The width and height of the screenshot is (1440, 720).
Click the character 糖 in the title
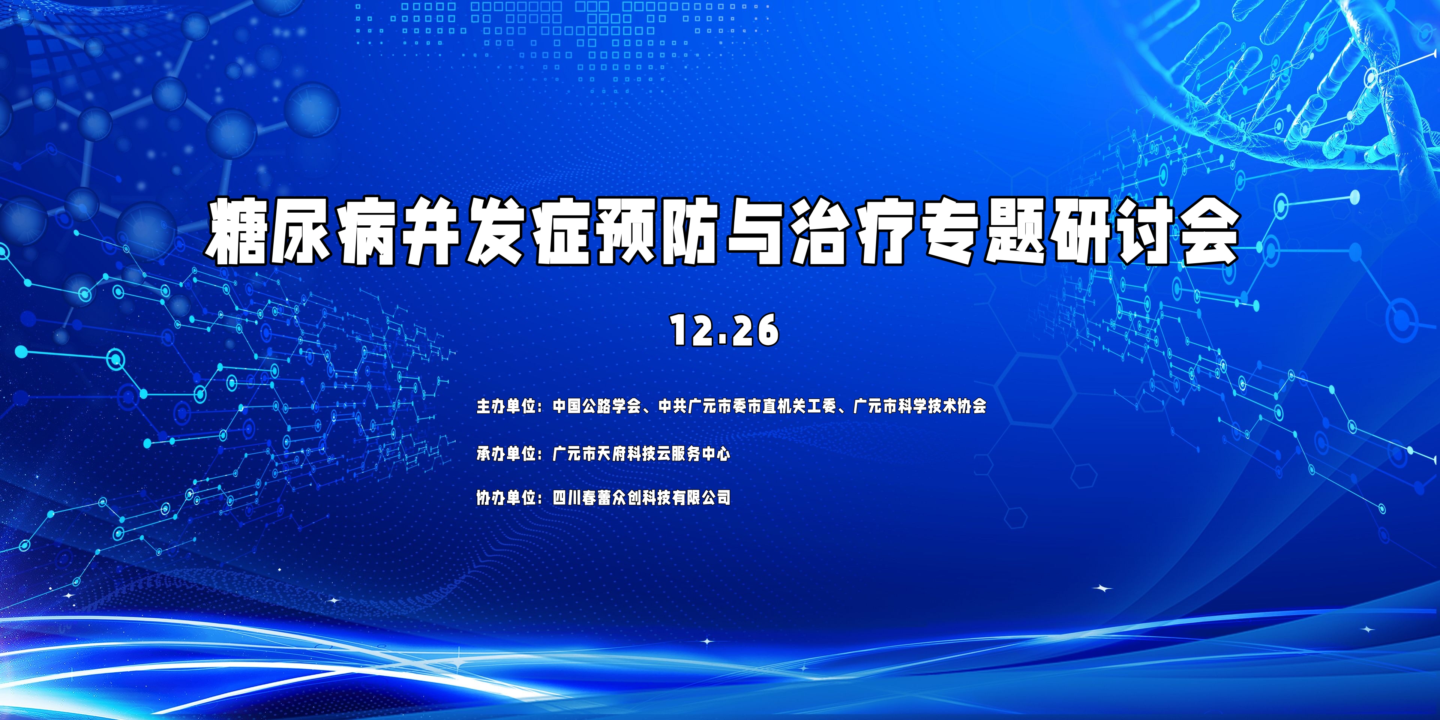(238, 231)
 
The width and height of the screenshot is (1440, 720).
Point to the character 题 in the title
(1016, 231)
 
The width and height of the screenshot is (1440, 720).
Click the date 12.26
(724, 330)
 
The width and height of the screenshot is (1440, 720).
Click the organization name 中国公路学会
(597, 406)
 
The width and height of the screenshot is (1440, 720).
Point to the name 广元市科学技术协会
(920, 406)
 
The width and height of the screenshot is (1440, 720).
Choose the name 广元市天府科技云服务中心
(641, 453)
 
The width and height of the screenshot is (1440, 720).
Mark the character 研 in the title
(1080, 231)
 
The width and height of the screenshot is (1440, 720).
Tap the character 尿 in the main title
(302, 231)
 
